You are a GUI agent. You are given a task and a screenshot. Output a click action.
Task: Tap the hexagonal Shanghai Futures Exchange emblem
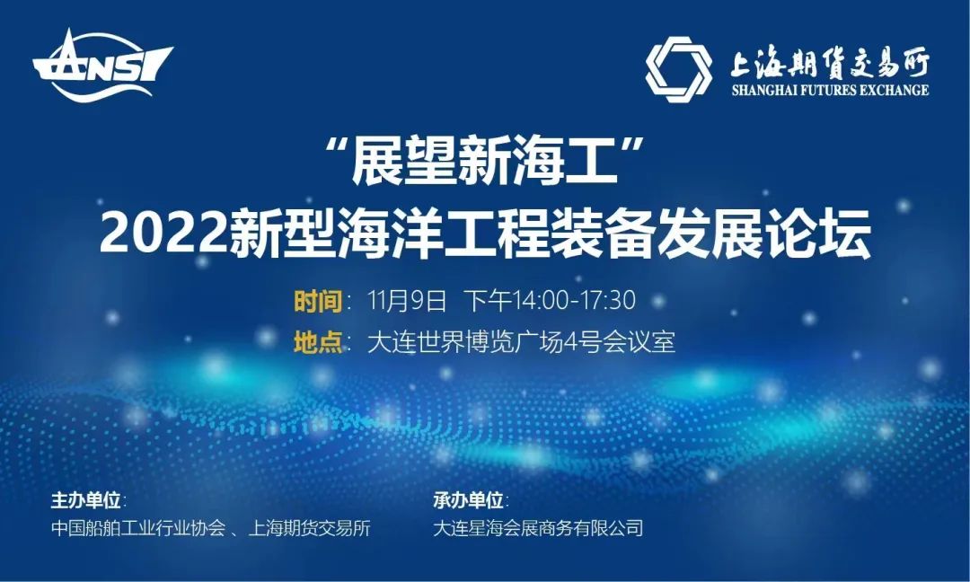pos(679,69)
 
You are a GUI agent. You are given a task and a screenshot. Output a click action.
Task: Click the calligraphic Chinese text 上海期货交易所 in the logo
pos(830,63)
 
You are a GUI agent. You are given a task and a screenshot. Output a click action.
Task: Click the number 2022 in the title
pos(163,234)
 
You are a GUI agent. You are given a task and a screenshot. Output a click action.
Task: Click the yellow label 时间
pos(318,301)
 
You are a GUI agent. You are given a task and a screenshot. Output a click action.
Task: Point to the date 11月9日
pos(407,301)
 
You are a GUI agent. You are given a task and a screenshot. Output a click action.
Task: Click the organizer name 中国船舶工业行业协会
pos(138,528)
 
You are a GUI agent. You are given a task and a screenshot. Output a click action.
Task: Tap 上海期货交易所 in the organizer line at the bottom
pos(309,528)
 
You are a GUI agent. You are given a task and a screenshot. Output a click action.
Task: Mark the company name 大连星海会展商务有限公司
pos(538,528)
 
